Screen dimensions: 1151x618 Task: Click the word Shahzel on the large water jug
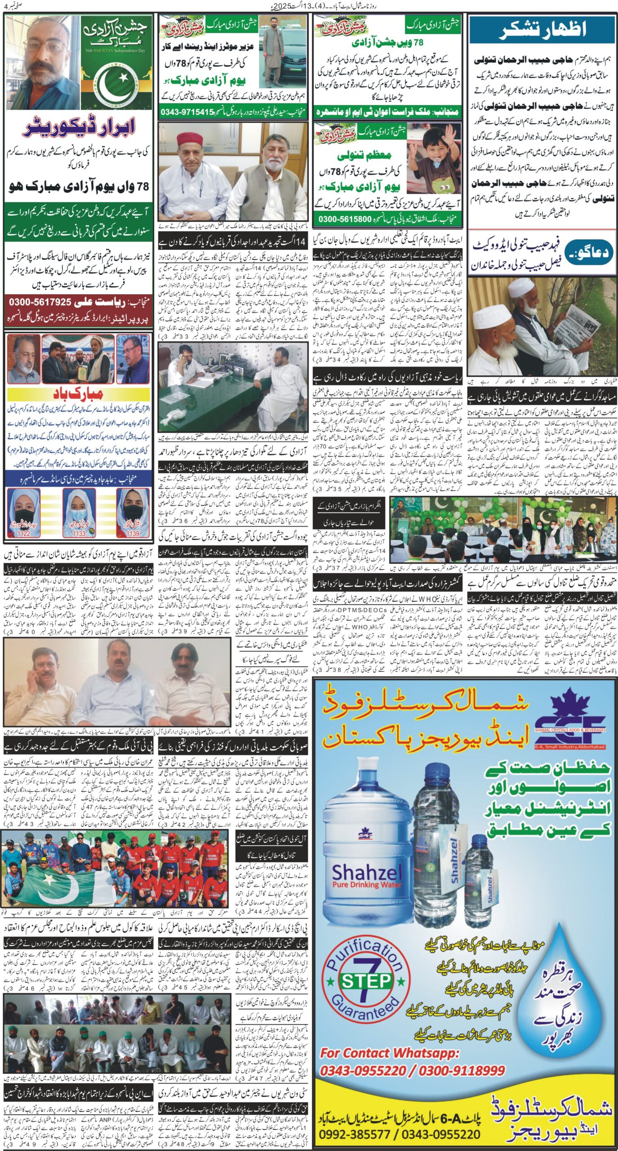coord(367,873)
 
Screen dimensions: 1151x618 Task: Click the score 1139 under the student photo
coord(133,533)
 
